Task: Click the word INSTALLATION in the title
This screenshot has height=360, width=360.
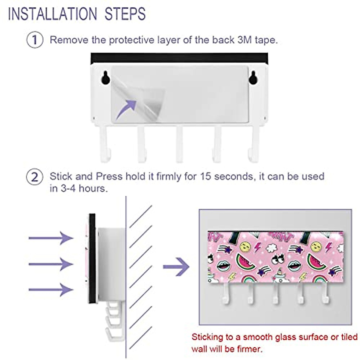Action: pos(52,14)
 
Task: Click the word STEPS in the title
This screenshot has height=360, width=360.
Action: pos(125,14)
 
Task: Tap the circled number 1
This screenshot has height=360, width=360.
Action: pos(35,40)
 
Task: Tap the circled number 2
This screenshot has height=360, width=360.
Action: pos(35,177)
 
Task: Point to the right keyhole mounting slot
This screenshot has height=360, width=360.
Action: pos(253,77)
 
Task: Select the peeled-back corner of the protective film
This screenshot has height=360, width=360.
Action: pos(144,99)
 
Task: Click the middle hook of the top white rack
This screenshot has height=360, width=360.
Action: pos(179,144)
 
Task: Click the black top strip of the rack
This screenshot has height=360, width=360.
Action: pos(179,58)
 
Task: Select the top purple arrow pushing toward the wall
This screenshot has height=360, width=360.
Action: pos(51,238)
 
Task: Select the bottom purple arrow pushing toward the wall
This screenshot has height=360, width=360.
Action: pos(51,290)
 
